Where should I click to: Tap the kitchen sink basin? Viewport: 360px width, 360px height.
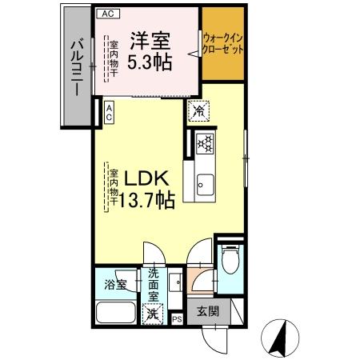point(204,182)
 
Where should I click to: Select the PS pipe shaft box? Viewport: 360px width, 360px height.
point(178,319)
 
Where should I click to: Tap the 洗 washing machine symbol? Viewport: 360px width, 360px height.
point(152,314)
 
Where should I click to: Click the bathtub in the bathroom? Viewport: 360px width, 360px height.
point(115,313)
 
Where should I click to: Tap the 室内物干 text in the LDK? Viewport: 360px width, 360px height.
point(114,190)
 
